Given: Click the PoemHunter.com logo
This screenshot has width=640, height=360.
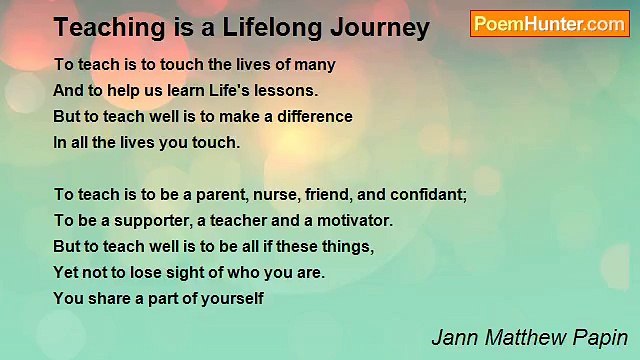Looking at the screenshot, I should (549, 23).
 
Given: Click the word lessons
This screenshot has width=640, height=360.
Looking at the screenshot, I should (288, 90).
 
